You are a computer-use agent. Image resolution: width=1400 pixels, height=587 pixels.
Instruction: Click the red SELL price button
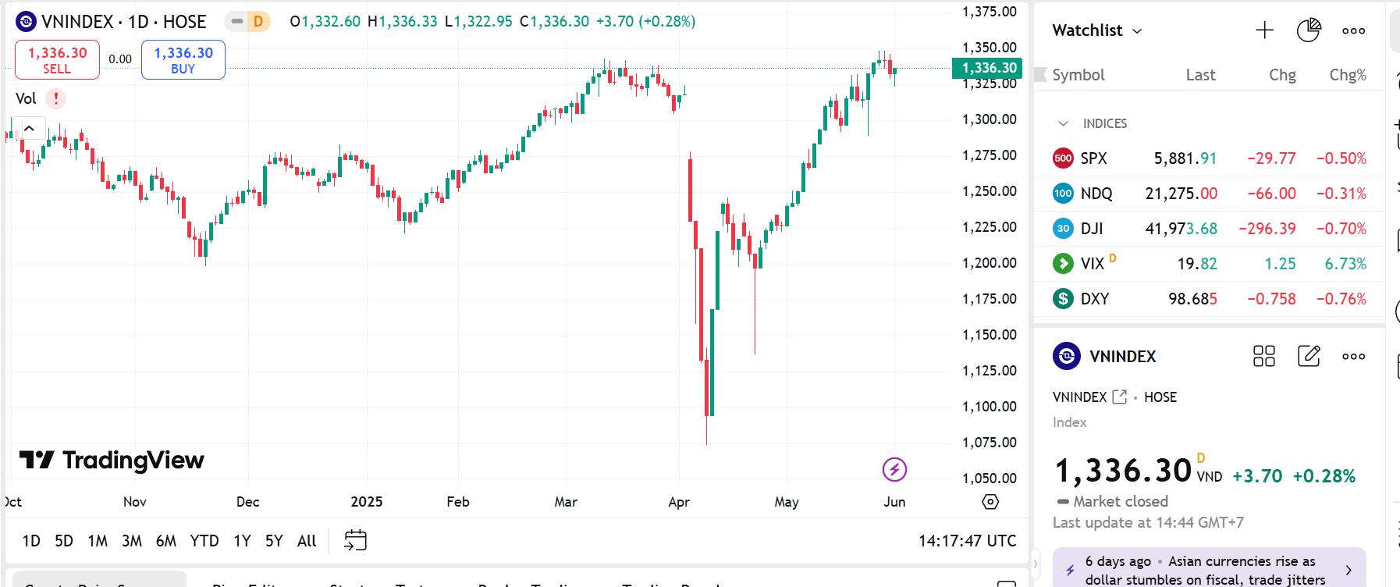pos(57,60)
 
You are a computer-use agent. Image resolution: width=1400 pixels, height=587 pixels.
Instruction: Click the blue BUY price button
pos(183,60)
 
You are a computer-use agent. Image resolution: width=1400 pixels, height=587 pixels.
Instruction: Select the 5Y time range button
pos(273,541)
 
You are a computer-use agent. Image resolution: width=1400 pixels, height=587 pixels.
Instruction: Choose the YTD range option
pos(204,541)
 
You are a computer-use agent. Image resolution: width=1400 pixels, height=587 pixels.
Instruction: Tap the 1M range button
pos(98,541)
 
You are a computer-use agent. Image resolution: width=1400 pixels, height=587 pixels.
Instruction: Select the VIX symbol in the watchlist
pos(1093,264)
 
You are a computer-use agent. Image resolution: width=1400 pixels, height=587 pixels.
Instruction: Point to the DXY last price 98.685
pos(1192,299)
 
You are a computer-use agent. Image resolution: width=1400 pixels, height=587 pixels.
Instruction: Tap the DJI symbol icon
pos(1063,229)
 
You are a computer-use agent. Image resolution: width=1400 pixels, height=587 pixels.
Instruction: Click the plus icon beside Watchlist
pos(1264,30)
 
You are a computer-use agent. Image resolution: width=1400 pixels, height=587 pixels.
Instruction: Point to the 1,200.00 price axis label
pos(989,263)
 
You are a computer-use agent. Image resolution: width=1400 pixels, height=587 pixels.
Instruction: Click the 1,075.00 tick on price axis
pos(989,443)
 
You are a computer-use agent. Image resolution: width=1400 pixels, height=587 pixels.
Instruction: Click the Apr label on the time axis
pos(679,502)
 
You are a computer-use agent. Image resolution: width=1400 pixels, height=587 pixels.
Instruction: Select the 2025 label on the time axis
pos(367,502)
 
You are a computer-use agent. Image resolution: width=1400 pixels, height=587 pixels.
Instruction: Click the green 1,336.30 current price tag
pos(989,68)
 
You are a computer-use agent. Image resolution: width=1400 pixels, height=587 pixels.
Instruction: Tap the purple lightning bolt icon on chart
pos(894,469)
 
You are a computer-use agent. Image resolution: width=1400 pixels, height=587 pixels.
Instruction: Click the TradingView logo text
pos(133,461)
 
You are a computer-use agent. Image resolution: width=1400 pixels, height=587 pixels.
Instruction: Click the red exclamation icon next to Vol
pos(55,99)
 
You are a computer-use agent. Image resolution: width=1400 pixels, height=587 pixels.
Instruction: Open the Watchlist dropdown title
pos(1096,30)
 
